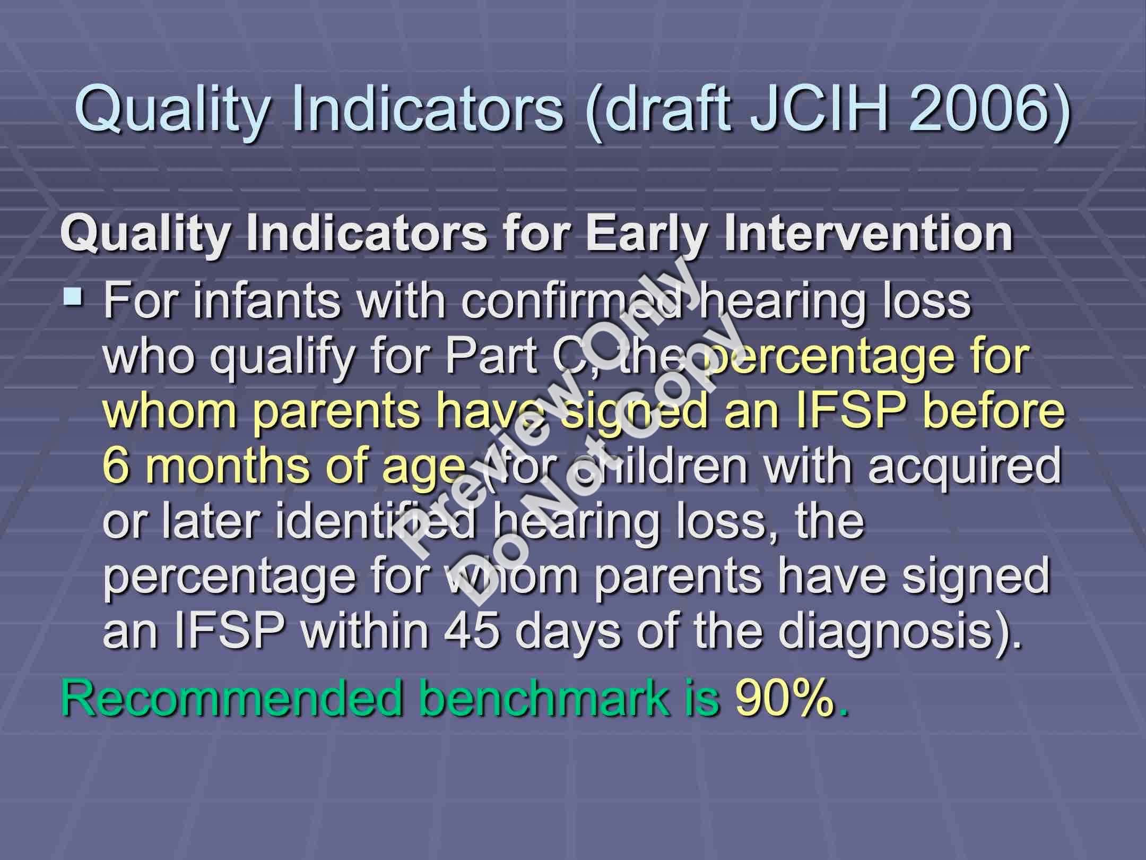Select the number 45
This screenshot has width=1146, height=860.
pos(473,632)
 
